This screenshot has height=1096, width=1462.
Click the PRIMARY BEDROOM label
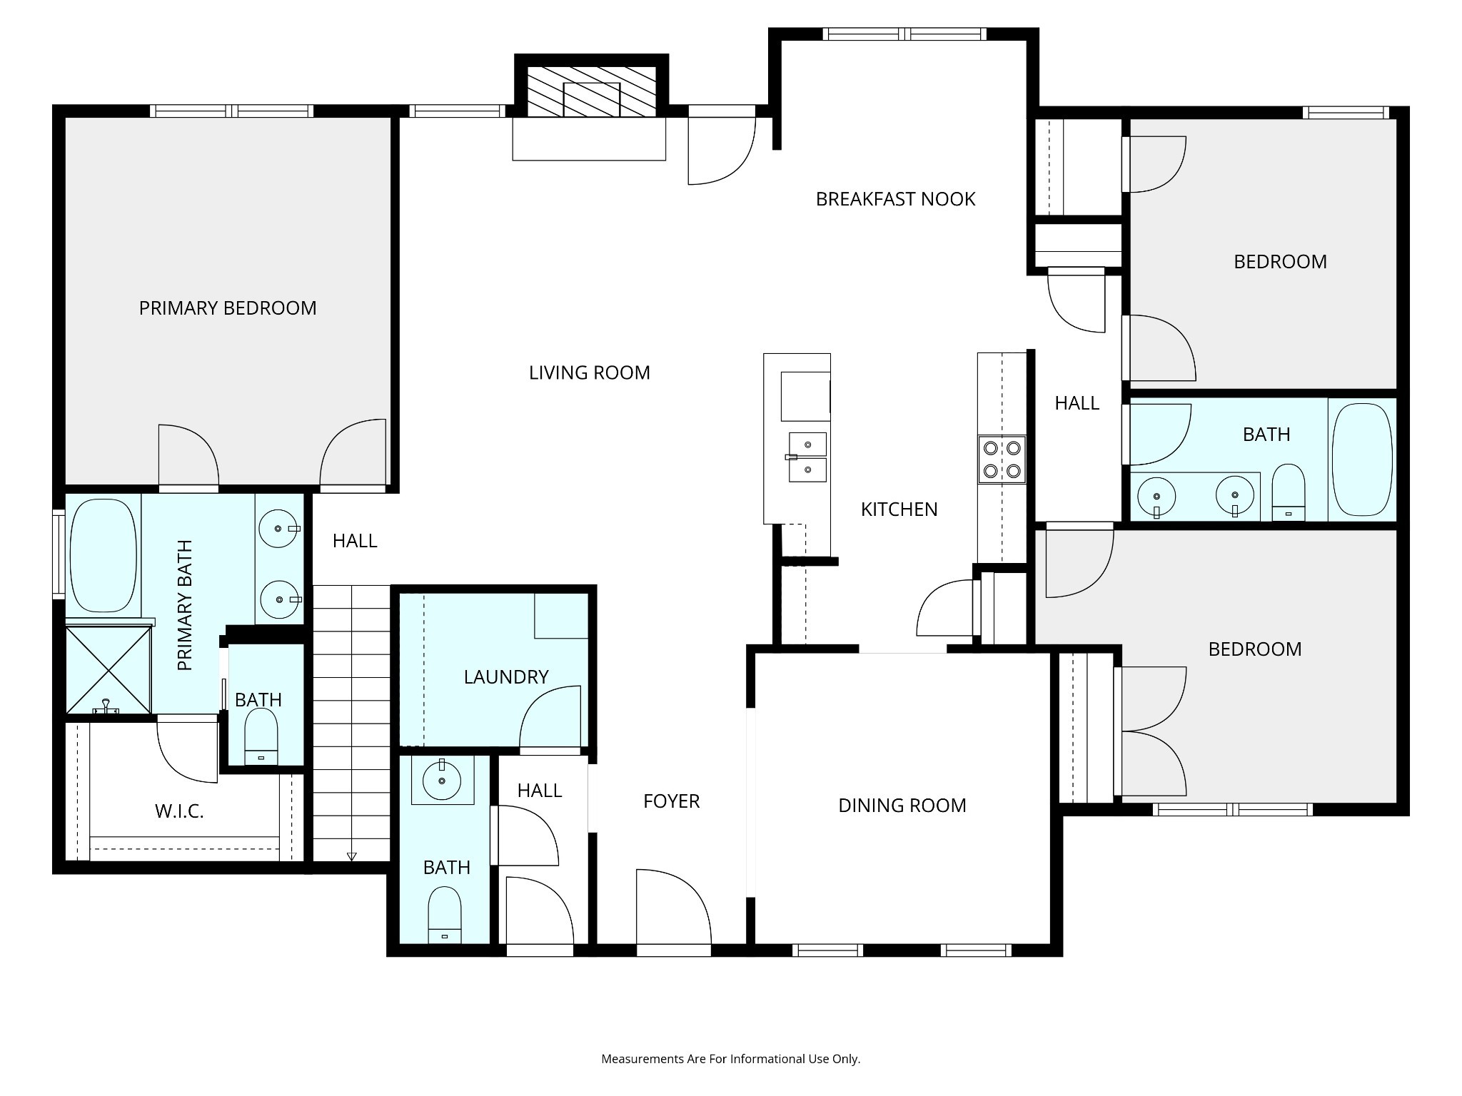pos(228,308)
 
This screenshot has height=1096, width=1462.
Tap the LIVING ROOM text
pos(590,373)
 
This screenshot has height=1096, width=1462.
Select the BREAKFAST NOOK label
pos(895,199)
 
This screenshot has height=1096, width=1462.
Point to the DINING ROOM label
pos(902,806)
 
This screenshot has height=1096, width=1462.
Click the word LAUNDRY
pos(506,677)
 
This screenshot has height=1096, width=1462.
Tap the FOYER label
pos(671,801)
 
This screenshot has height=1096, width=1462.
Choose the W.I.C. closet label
pos(179,811)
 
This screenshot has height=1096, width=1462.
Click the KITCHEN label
pos(899,509)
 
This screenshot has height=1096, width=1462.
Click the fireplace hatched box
pos(591,92)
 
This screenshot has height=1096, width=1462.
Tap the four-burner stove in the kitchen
pos(1002,460)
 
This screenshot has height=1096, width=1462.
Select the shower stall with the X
pos(109,670)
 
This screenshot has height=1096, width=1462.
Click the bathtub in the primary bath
pos(104,555)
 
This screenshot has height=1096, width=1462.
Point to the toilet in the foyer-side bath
pos(445,915)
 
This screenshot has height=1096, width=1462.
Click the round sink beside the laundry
pos(443,781)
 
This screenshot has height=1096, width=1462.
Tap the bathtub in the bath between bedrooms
pos(1362,460)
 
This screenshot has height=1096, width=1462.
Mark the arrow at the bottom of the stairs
pos(351,856)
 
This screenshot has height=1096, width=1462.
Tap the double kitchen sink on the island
pos(807,457)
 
